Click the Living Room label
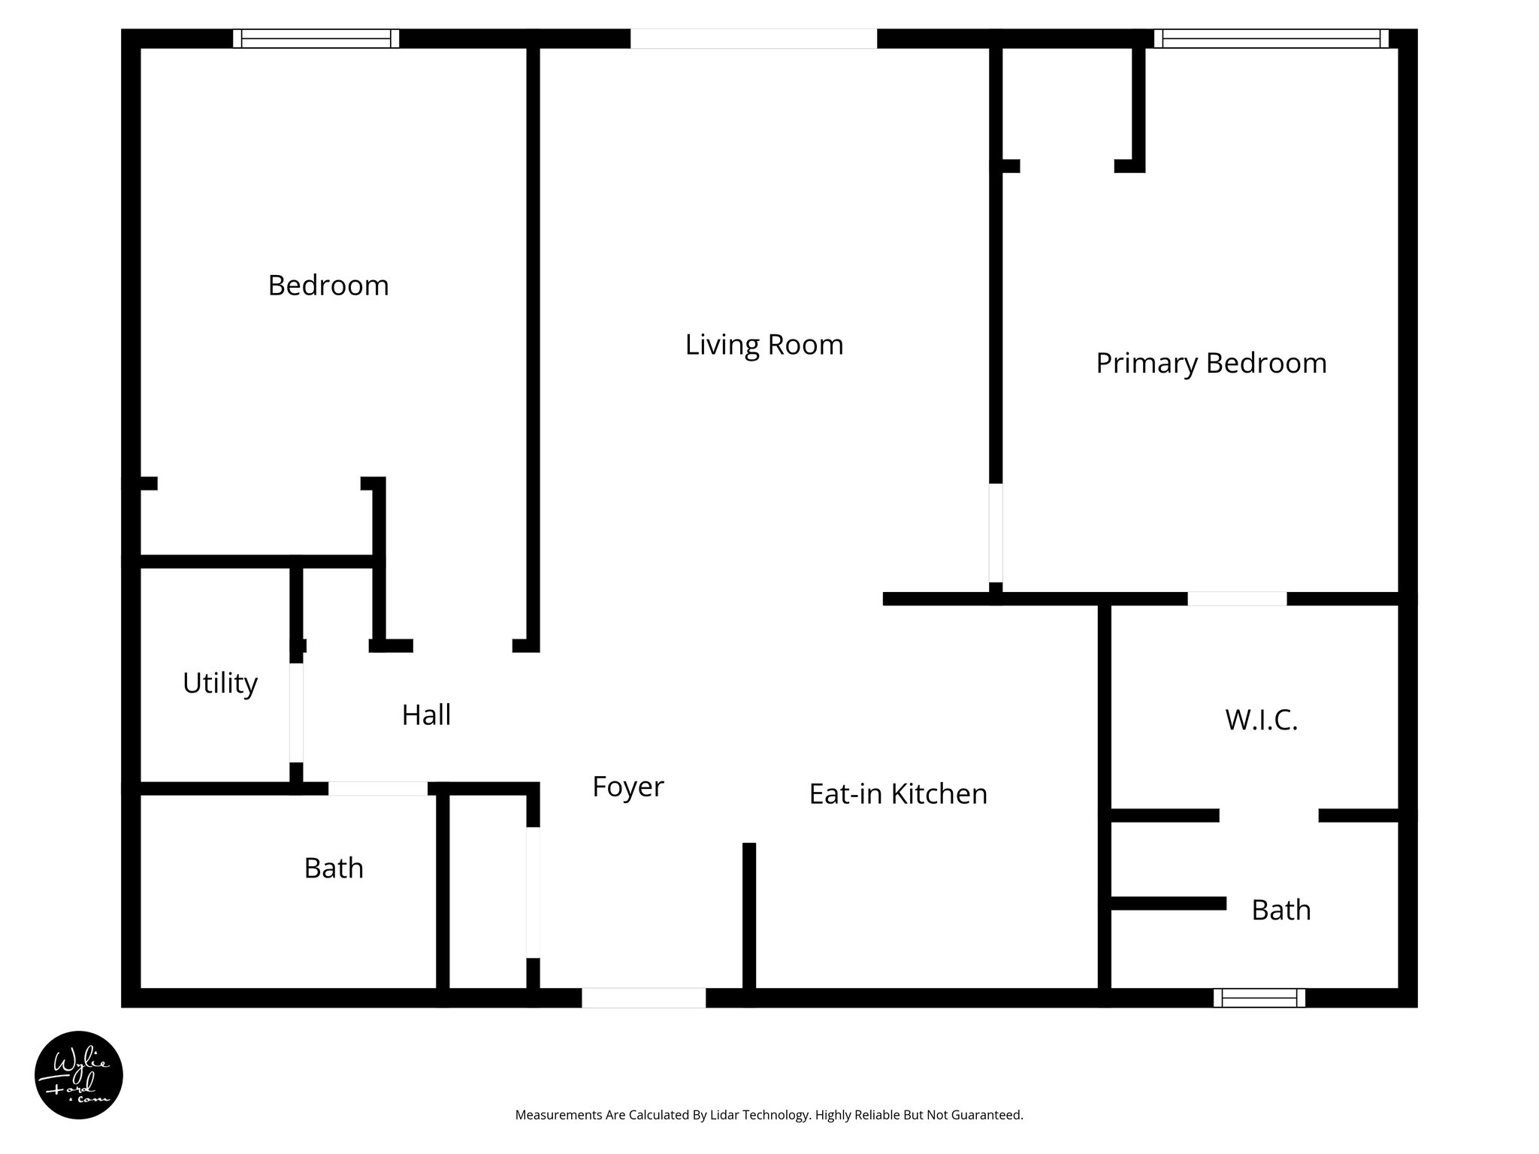pyautogui.click(x=763, y=345)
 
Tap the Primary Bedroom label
pyautogui.click(x=1211, y=364)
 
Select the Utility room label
pyautogui.click(x=220, y=683)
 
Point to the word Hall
pyautogui.click(x=426, y=715)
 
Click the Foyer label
pyautogui.click(x=627, y=787)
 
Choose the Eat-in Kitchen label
pyautogui.click(x=897, y=794)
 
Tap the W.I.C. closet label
pyautogui.click(x=1261, y=720)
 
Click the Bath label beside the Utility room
pyautogui.click(x=334, y=869)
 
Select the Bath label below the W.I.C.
pyautogui.click(x=1280, y=911)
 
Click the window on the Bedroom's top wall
pyautogui.click(x=316, y=38)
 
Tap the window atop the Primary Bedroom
pyautogui.click(x=1271, y=38)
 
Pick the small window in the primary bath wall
pyautogui.click(x=1259, y=998)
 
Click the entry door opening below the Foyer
pyautogui.click(x=643, y=998)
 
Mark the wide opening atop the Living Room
pyautogui.click(x=753, y=38)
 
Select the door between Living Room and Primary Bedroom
pyautogui.click(x=996, y=533)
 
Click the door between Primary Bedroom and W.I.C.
pyautogui.click(x=1237, y=599)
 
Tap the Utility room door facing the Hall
pyautogui.click(x=297, y=712)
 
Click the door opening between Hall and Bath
pyautogui.click(x=378, y=789)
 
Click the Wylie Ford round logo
pyautogui.click(x=78, y=1075)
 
